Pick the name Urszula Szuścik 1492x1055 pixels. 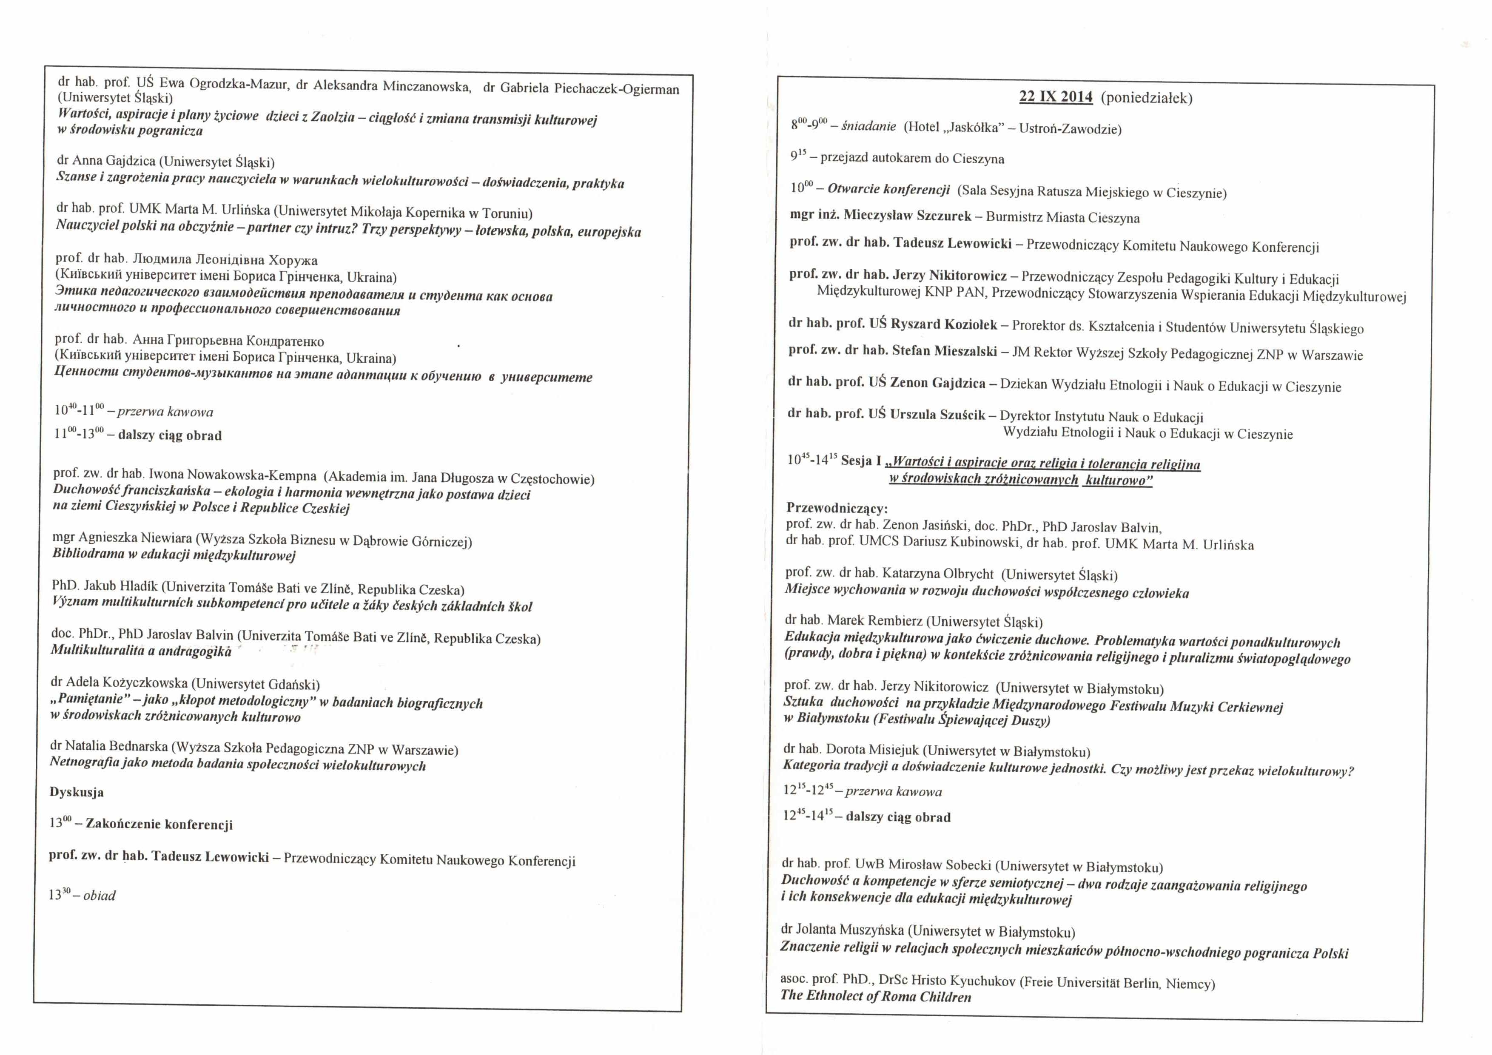[938, 415]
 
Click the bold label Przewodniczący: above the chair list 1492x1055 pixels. [837, 508]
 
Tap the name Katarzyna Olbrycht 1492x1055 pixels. [938, 574]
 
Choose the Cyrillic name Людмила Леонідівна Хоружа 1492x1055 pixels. [225, 260]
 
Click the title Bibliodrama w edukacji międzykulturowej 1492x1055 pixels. [174, 555]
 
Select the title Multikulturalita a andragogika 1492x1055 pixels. [141, 650]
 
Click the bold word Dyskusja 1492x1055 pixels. [76, 792]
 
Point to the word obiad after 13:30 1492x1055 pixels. [100, 895]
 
